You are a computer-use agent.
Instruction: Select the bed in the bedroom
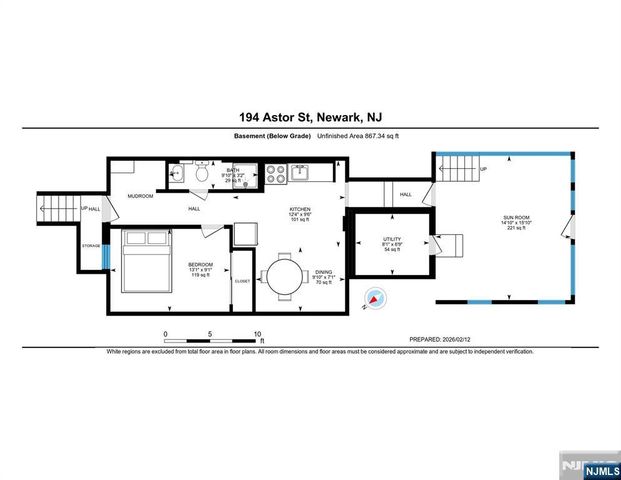[x=144, y=262]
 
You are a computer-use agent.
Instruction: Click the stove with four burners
[x=274, y=173]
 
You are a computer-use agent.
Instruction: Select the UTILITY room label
[x=391, y=240]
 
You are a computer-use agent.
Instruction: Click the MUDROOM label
[x=139, y=196]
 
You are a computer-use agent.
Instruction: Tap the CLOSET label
[x=242, y=282]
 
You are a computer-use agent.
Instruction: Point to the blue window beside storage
[x=105, y=254]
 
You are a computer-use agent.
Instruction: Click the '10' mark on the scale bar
[x=258, y=334]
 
